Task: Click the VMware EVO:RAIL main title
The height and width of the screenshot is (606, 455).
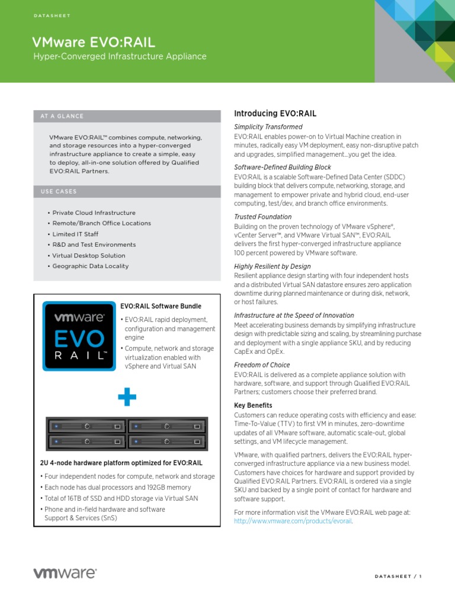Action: point(94,41)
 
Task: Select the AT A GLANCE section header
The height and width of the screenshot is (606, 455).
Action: point(62,116)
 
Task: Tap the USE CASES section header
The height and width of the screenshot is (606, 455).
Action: point(59,191)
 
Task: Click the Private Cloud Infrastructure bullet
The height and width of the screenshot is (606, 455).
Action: point(94,212)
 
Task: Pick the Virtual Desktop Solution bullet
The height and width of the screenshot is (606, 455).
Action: point(88,256)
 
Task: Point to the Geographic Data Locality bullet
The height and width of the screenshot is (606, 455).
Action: point(90,266)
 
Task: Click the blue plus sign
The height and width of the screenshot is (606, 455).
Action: point(126,398)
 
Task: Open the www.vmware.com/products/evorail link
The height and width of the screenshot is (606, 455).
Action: point(289,521)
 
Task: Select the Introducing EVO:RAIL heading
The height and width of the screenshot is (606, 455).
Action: point(275,114)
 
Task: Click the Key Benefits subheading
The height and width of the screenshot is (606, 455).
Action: point(253,405)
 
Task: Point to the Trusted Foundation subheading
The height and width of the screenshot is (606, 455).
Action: point(262,217)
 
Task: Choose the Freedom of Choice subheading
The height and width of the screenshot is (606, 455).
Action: point(262,365)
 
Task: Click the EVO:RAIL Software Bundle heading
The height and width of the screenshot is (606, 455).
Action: point(161,306)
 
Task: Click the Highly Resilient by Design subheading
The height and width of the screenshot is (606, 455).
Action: point(272,266)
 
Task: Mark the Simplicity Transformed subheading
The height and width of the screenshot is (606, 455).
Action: point(268,127)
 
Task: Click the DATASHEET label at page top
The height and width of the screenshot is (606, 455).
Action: point(52,15)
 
